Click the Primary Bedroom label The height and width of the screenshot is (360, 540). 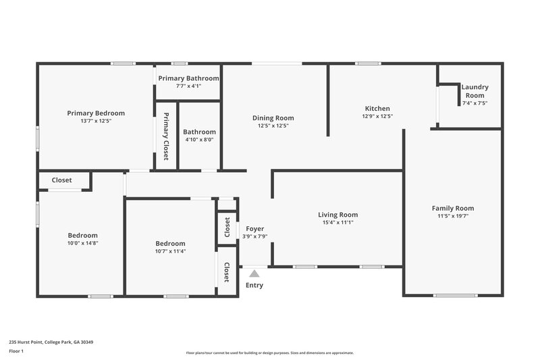pyautogui.click(x=95, y=113)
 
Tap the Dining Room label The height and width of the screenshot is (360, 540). pyautogui.click(x=273, y=118)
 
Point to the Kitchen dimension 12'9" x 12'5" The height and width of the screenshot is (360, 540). pyautogui.click(x=377, y=116)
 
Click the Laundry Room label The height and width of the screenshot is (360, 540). pyautogui.click(x=475, y=91)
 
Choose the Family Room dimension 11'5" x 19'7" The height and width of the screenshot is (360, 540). pyautogui.click(x=452, y=216)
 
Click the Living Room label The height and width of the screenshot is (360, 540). pyautogui.click(x=337, y=215)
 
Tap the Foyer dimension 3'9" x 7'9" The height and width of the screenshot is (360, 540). pyautogui.click(x=254, y=236)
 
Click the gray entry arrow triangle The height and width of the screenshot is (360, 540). pyautogui.click(x=254, y=274)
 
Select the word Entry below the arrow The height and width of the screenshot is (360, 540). pyautogui.click(x=254, y=285)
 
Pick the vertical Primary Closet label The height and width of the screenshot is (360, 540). pyautogui.click(x=166, y=136)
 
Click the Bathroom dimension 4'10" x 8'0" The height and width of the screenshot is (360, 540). pyautogui.click(x=200, y=140)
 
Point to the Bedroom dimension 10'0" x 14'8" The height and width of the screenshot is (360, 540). pyautogui.click(x=82, y=243)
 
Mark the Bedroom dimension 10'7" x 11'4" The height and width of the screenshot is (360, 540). pyautogui.click(x=170, y=251)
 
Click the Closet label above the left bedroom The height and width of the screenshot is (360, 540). pyautogui.click(x=61, y=180)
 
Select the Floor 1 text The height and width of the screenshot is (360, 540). pyautogui.click(x=18, y=351)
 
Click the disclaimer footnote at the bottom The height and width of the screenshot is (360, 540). pyautogui.click(x=269, y=353)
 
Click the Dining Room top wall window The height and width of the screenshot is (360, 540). pyautogui.click(x=277, y=63)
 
